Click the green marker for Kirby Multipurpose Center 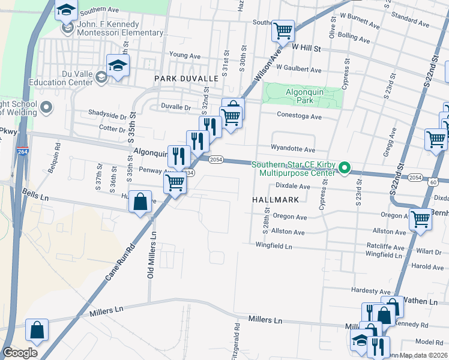coord(345,168)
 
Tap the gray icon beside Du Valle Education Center coord(101,76)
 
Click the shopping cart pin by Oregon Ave coord(420,220)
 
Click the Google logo coord(20,353)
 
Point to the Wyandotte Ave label coord(293,149)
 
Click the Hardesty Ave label coord(371,291)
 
